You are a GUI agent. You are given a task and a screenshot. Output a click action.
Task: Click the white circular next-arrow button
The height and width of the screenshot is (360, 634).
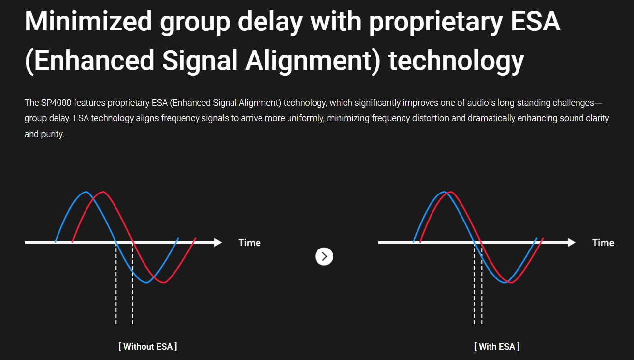coord(324,256)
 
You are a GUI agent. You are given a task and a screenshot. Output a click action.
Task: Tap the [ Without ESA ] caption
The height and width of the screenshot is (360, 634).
coord(148,346)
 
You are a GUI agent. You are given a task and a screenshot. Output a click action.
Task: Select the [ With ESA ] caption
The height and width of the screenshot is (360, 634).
coord(497,346)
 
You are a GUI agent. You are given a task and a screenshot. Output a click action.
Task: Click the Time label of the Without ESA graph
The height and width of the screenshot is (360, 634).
coord(249,243)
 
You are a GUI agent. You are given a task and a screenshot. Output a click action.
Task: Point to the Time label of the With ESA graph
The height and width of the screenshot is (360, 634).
coord(603,243)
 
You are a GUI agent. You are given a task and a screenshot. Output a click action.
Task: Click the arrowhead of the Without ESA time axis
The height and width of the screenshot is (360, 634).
coord(218,242)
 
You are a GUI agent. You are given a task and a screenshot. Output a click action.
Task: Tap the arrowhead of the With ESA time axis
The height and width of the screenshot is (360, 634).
coord(572,242)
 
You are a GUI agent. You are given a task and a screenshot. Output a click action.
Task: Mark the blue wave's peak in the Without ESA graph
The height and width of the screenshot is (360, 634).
coord(86,192)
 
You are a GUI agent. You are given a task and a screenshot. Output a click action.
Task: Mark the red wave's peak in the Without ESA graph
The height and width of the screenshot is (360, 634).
coord(103,192)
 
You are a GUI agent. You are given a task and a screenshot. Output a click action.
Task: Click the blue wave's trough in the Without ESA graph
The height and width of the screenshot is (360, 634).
coord(146,282)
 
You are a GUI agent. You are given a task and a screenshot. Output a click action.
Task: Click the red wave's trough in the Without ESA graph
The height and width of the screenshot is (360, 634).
coord(163,282)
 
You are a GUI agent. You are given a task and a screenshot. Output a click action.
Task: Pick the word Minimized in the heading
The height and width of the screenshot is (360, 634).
coord(88,22)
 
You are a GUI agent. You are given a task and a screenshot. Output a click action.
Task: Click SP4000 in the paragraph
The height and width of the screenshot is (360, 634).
coord(56,102)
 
